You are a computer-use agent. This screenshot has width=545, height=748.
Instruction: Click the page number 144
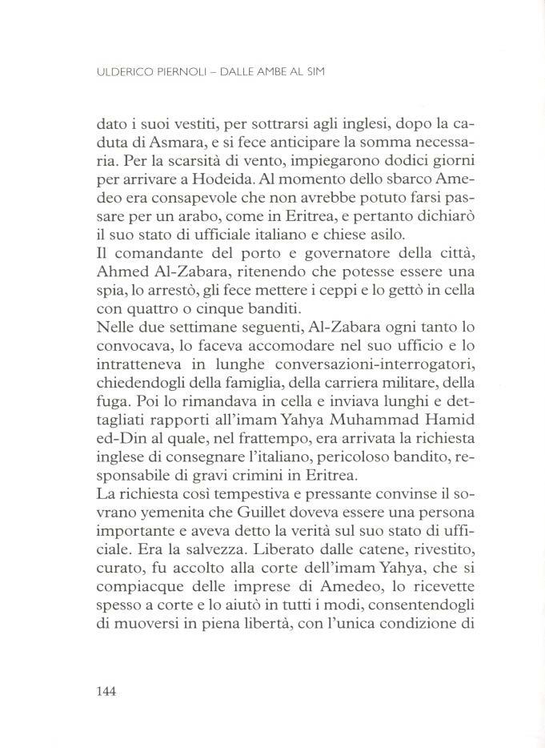pos(106,692)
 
